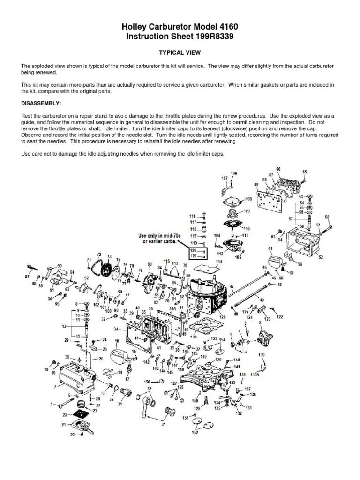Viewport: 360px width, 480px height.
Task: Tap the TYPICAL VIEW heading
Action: pyautogui.click(x=180, y=53)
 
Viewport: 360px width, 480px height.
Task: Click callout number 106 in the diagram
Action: pyautogui.click(x=233, y=173)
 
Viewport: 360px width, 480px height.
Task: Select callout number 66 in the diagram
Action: pyautogui.click(x=278, y=169)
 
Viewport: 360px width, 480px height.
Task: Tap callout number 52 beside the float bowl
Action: pyautogui.click(x=321, y=257)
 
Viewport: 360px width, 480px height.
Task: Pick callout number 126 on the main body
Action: pyautogui.click(x=222, y=317)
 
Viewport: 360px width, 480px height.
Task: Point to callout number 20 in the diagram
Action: pyautogui.click(x=72, y=435)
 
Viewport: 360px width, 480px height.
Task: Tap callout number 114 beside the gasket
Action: pyautogui.click(x=218, y=262)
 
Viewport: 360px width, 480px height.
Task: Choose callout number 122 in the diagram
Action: pyautogui.click(x=280, y=317)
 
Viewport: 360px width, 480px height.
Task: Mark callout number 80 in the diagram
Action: pyautogui.click(x=150, y=264)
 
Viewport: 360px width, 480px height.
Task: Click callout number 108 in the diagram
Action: pyautogui.click(x=248, y=199)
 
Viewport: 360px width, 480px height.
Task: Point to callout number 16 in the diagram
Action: pyautogui.click(x=116, y=342)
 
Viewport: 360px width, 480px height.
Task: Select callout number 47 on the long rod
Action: pyautogui.click(x=232, y=286)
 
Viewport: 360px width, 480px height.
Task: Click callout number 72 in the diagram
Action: pyautogui.click(x=99, y=255)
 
